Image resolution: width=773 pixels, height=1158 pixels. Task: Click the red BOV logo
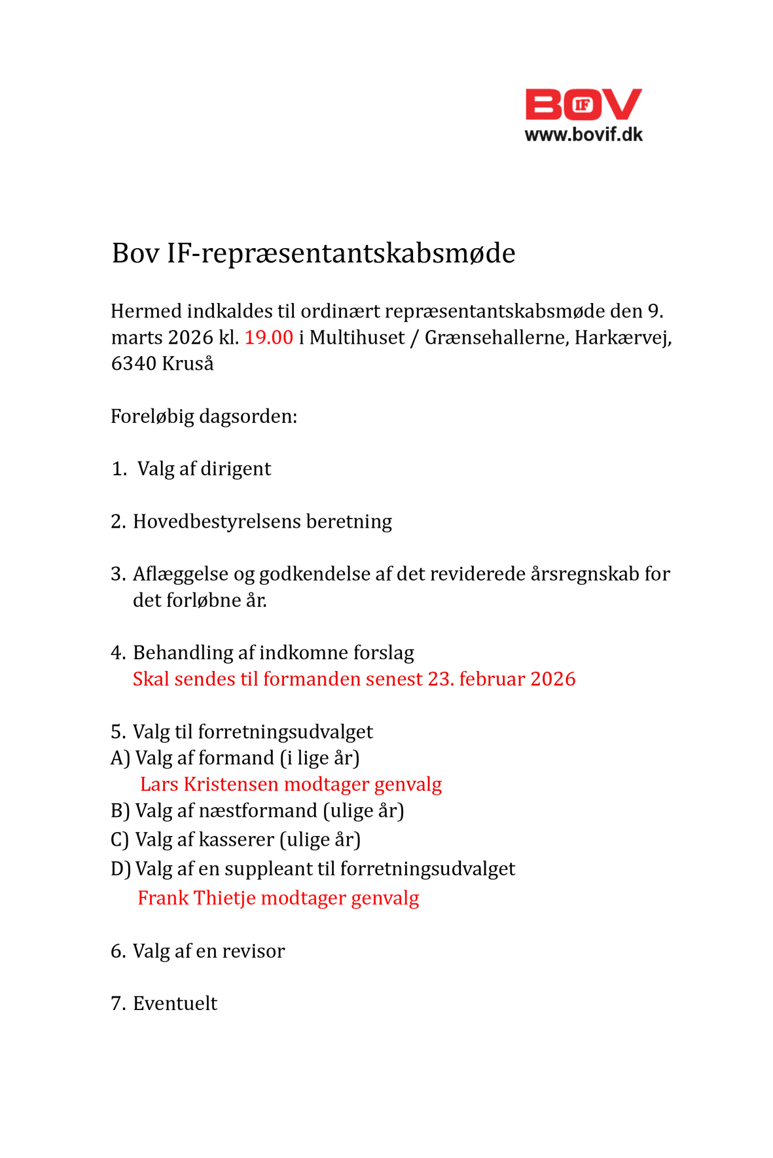coord(583,105)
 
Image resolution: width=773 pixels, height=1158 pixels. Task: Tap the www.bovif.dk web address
coord(583,135)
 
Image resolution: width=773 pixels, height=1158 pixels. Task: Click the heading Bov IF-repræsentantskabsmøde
coord(313,253)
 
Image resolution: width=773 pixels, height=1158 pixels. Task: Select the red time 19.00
coord(268,337)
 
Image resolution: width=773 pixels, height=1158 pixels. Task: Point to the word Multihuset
coord(357,337)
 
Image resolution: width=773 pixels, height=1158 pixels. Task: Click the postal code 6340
coord(134,363)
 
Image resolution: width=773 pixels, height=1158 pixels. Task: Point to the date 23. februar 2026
coord(501,679)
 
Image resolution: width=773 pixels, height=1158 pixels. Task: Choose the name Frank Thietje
coord(196,897)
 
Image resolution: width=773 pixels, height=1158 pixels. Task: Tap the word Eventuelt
coord(175,1004)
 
